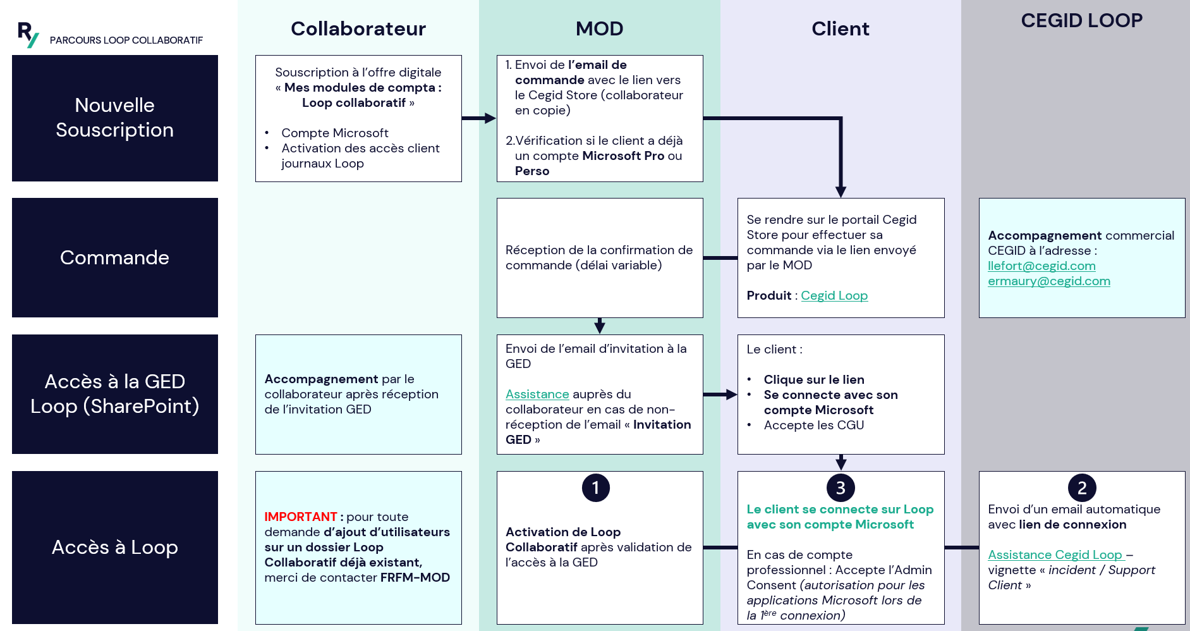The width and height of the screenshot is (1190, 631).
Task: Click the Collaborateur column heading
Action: [x=358, y=28]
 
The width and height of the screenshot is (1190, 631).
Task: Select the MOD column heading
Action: [x=599, y=28]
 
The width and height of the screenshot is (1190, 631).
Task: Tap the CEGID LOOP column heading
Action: [x=1081, y=20]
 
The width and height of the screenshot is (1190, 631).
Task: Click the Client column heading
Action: [x=840, y=28]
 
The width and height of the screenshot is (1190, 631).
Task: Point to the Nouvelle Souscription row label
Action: [x=114, y=118]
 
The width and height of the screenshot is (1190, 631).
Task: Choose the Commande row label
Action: [x=114, y=257]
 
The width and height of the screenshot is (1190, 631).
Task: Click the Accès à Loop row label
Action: [x=114, y=547]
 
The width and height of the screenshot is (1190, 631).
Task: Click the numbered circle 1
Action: [x=595, y=487]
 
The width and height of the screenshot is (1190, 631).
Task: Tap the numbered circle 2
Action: [x=1081, y=487]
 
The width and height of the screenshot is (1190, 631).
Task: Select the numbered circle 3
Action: [x=840, y=487]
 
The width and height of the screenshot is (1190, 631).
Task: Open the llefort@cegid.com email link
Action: [x=1041, y=266]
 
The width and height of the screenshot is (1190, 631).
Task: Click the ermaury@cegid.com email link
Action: [x=1048, y=281]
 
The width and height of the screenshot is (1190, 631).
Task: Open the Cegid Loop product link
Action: [x=834, y=296]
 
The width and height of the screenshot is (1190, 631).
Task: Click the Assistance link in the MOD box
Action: [x=537, y=395]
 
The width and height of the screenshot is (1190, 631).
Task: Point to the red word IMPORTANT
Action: [x=300, y=517]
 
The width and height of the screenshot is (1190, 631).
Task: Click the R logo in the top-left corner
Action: [x=28, y=34]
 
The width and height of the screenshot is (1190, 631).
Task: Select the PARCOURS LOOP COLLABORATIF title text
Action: [x=126, y=40]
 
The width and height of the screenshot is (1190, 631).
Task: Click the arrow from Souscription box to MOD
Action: [x=478, y=118]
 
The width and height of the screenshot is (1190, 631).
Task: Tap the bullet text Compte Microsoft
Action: [x=334, y=133]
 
